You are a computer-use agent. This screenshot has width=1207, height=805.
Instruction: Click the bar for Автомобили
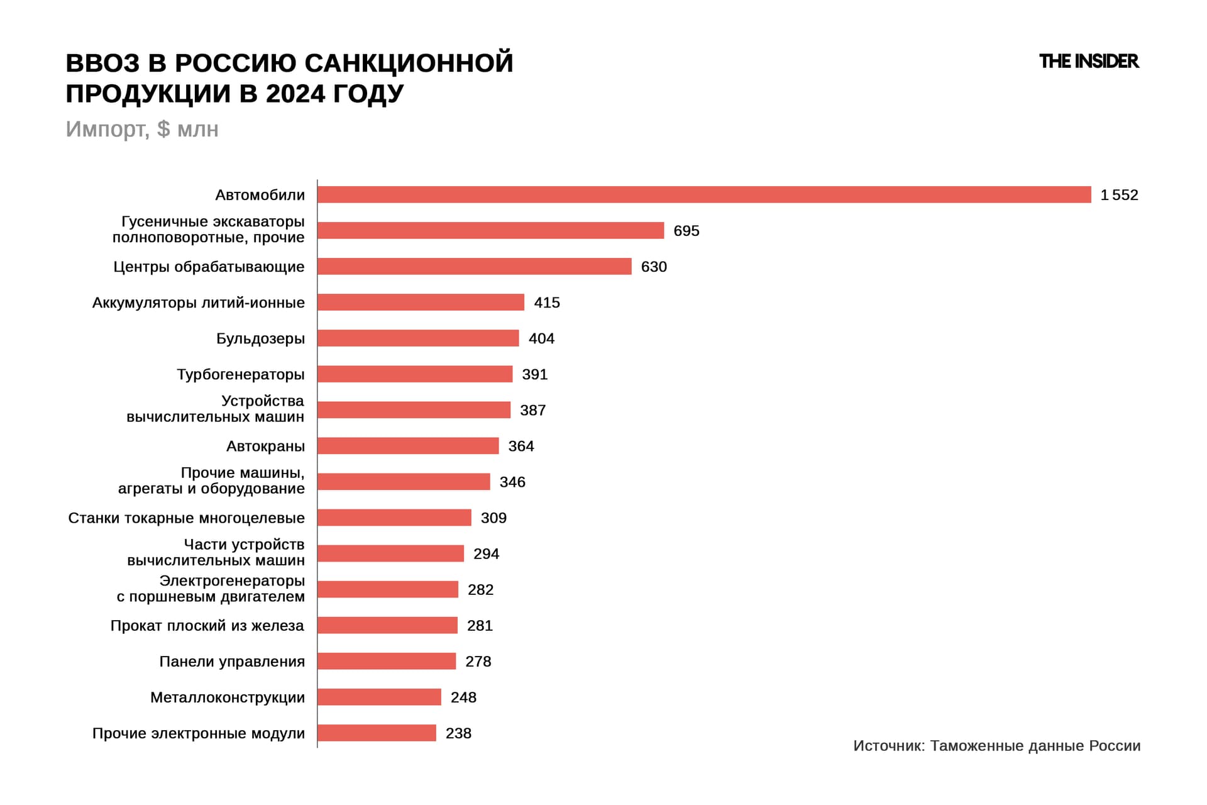(x=704, y=194)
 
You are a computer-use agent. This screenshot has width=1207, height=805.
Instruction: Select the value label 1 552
(x=1119, y=195)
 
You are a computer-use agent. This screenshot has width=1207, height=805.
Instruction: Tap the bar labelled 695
(x=490, y=230)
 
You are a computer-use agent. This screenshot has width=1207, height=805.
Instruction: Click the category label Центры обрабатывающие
(x=209, y=267)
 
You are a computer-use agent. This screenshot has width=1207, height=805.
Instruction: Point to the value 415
(x=546, y=303)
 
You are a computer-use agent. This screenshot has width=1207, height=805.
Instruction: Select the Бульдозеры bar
(x=418, y=338)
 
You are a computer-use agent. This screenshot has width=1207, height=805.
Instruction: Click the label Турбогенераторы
(x=240, y=374)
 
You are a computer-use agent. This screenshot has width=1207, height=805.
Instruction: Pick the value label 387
(x=532, y=410)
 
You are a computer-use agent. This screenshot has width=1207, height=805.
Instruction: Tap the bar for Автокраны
(x=408, y=446)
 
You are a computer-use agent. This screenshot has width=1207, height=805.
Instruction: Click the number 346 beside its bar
(x=512, y=482)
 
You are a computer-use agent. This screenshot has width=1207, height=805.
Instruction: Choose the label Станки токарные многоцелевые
(x=186, y=518)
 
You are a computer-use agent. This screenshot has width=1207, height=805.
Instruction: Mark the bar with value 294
(x=390, y=553)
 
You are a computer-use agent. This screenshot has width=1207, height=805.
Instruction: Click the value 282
(x=480, y=589)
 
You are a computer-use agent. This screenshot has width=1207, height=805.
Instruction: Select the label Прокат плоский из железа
(x=207, y=625)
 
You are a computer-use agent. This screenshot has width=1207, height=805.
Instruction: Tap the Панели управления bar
(x=387, y=661)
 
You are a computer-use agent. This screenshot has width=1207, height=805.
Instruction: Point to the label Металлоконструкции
(x=227, y=697)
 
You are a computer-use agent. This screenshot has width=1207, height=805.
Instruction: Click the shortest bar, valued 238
(x=377, y=733)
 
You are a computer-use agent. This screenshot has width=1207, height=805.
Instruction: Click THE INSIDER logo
(x=1088, y=61)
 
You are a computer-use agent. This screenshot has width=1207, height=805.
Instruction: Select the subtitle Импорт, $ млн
(x=142, y=129)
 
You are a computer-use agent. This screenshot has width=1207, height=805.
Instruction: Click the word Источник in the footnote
(x=888, y=746)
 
